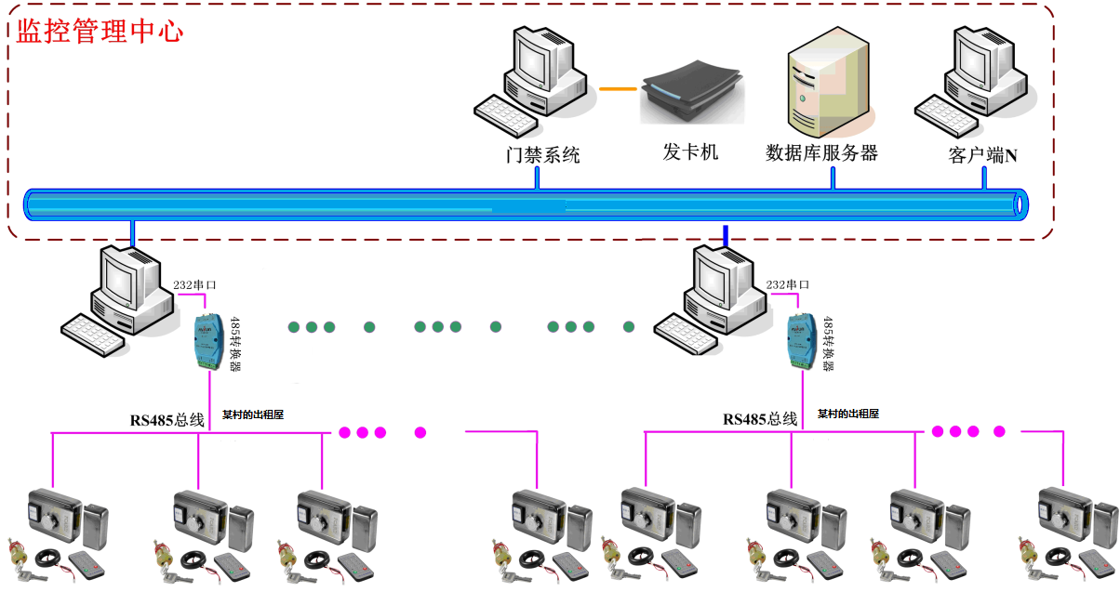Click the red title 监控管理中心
[x=100, y=30]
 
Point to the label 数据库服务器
[x=821, y=153]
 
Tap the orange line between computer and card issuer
[x=618, y=89]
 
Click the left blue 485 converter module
[x=206, y=342]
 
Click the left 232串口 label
[x=194, y=285]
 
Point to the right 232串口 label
[x=787, y=285]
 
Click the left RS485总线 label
[x=167, y=420]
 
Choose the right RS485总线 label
[x=760, y=420]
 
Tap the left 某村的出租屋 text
[x=252, y=415]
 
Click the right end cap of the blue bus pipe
[x=1020, y=203]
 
